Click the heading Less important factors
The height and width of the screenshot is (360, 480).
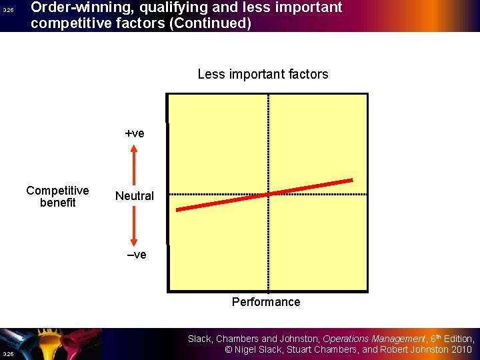tap(263, 74)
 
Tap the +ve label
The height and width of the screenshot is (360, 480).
tap(135, 133)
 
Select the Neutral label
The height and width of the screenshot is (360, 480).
tap(134, 196)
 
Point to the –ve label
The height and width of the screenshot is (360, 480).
tap(136, 255)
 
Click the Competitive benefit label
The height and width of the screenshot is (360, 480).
tap(57, 197)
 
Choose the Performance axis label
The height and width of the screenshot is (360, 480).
tap(266, 302)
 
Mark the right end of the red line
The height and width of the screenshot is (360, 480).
tap(351, 180)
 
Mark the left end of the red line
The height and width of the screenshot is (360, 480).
tap(177, 209)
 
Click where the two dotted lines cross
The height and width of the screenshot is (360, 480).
tap(268, 194)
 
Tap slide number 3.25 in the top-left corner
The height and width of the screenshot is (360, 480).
tap(7, 11)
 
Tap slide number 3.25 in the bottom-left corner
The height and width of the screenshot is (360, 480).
tap(7, 353)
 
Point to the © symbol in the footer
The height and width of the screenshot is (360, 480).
tap(229, 349)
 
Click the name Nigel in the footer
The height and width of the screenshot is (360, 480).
tap(248, 349)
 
